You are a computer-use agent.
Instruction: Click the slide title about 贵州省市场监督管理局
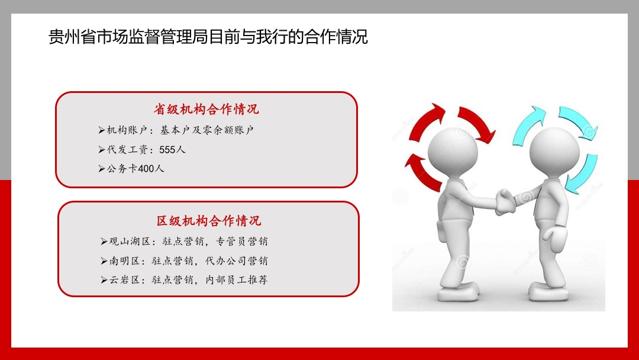[x=208, y=37]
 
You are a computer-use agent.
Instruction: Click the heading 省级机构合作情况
[x=206, y=110]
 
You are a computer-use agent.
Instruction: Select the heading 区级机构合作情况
[x=209, y=221]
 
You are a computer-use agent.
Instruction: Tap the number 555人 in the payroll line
[x=172, y=150]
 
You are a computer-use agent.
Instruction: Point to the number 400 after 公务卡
[x=146, y=169]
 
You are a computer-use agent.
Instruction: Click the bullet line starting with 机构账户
[x=176, y=130]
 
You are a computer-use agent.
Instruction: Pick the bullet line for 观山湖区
[x=184, y=242]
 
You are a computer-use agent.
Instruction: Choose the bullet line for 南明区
[x=184, y=261]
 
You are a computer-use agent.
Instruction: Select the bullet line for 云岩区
[x=184, y=279]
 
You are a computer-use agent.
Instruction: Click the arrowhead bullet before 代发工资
[x=102, y=150]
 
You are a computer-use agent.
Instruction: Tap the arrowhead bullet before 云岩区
[x=104, y=279]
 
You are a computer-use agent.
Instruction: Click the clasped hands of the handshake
[x=505, y=202]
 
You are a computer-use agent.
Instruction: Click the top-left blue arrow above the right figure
[x=528, y=124]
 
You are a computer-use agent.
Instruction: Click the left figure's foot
[x=458, y=292]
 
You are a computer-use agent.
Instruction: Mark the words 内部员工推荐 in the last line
[x=236, y=279]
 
